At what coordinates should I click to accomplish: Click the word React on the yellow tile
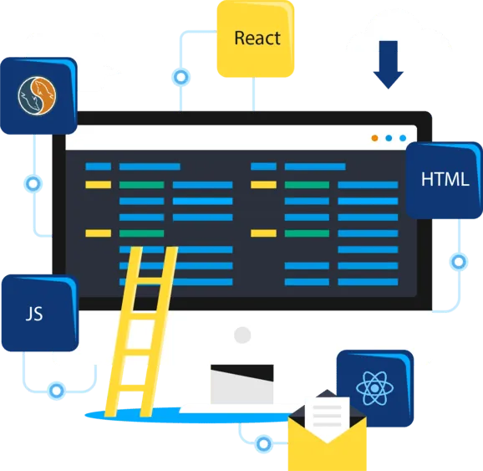(257, 38)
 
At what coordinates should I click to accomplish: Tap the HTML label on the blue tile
(445, 179)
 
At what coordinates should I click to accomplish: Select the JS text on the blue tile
(34, 314)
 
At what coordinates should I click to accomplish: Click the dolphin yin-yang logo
(37, 95)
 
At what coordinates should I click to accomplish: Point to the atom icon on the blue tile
(374, 388)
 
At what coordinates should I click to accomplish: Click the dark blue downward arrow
(388, 64)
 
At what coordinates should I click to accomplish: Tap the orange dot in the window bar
(374, 138)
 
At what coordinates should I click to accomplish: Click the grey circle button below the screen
(242, 335)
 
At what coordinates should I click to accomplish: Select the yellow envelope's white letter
(327, 417)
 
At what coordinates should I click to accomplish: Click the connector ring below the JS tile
(57, 391)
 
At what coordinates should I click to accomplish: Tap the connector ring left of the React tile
(181, 77)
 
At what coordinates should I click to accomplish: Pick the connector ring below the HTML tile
(459, 262)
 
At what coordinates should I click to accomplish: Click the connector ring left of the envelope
(264, 444)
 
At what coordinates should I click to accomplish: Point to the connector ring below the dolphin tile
(33, 184)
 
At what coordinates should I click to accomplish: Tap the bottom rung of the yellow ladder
(133, 387)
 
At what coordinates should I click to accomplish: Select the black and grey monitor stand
(241, 384)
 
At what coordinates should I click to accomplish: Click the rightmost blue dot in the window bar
(403, 138)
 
